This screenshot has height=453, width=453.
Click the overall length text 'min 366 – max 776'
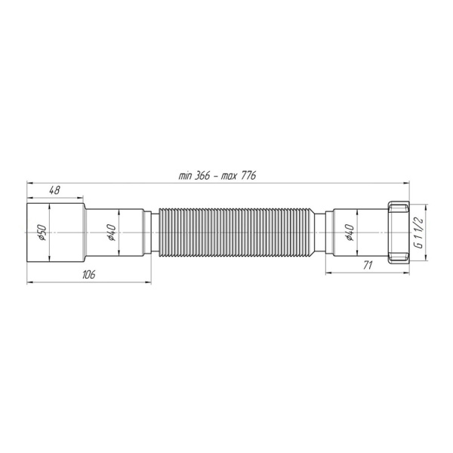(217, 175)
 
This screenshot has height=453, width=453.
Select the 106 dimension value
(88, 275)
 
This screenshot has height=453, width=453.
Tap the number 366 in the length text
(203, 175)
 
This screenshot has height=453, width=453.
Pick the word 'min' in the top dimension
(185, 175)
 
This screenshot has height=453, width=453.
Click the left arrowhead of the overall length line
(29, 182)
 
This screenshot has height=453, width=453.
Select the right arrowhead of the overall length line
(406, 182)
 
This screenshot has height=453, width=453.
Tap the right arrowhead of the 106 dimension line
(149, 282)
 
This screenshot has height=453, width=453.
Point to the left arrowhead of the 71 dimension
(328, 273)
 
